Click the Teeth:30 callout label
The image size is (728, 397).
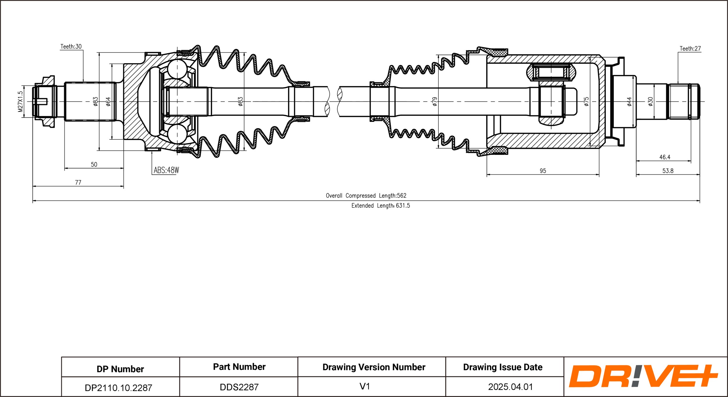[x=71, y=47]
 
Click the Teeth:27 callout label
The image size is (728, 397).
[x=690, y=49]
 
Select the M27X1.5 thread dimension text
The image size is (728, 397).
[x=20, y=101]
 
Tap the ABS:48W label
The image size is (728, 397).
[x=166, y=170]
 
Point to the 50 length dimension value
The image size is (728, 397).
[x=94, y=165]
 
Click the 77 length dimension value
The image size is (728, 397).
[x=78, y=183]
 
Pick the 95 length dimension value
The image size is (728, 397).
[x=543, y=171]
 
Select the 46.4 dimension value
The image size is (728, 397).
[x=665, y=157]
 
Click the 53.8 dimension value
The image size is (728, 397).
[x=668, y=171]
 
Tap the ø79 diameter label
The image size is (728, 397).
[x=435, y=101]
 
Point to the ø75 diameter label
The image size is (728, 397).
[x=586, y=101]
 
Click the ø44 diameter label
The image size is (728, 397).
[x=629, y=101]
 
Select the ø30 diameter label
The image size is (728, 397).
[x=651, y=101]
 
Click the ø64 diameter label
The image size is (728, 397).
[x=108, y=101]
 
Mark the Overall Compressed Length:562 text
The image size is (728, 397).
[x=366, y=196]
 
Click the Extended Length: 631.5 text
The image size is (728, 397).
[x=381, y=206]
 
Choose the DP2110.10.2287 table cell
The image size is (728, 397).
[x=118, y=388]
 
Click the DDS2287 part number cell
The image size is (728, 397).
[x=239, y=387]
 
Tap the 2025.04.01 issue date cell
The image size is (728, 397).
[x=510, y=387]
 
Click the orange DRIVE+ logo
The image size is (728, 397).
[x=643, y=376]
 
